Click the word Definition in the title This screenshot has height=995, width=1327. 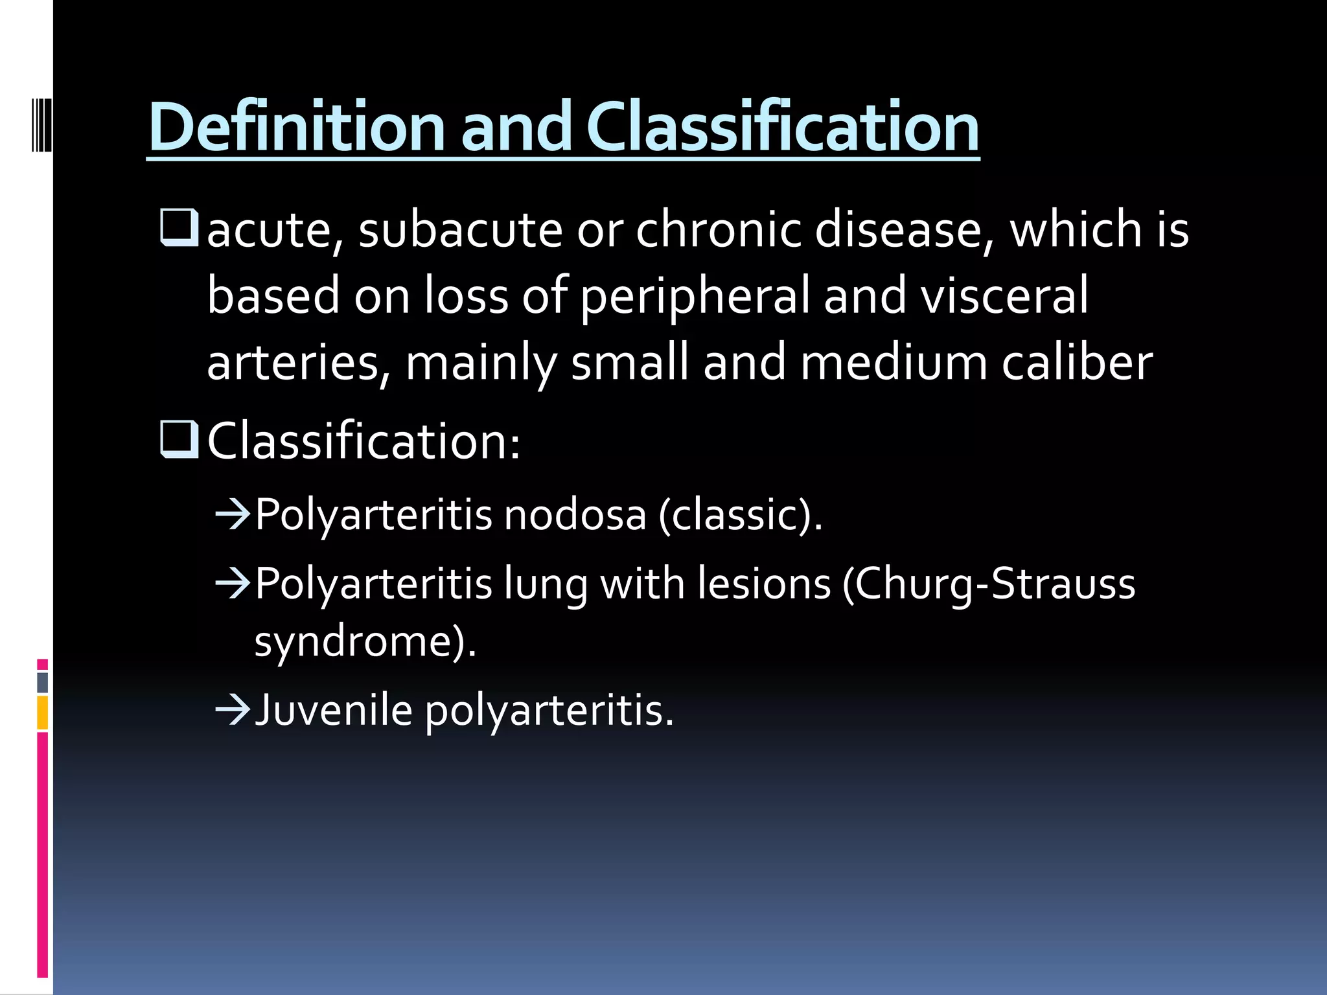295,127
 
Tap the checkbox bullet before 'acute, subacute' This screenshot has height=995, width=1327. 178,227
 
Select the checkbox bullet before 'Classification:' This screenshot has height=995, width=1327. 178,439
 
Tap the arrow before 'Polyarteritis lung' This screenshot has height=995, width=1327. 233,584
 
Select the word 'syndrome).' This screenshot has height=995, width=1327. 365,641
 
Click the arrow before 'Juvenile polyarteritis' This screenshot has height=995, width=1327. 233,710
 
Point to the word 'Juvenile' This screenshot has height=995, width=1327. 334,710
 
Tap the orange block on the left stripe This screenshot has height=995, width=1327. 42,713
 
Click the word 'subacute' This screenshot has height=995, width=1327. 460,229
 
